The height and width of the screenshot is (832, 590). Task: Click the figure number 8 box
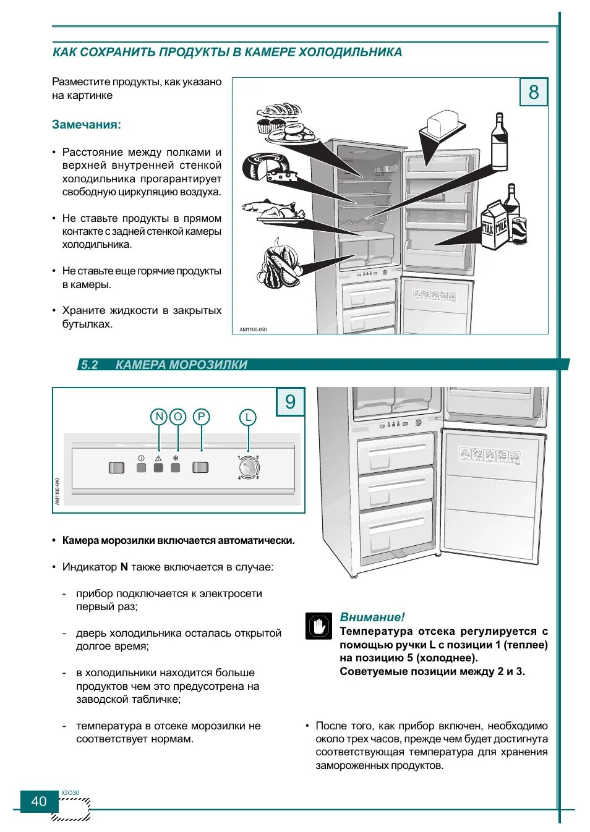click(533, 92)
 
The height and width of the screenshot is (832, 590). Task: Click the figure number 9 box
click(290, 402)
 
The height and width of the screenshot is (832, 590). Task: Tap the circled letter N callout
click(159, 417)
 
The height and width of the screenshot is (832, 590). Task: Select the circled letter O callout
click(177, 417)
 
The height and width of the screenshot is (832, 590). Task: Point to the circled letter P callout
click(201, 417)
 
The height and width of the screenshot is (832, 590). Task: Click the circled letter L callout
click(247, 417)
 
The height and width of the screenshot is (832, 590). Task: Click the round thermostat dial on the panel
click(248, 468)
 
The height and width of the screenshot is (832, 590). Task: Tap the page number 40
click(39, 801)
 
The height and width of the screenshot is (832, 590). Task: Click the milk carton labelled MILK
click(495, 226)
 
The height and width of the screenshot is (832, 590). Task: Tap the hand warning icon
click(319, 626)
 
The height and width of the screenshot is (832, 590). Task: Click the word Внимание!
click(372, 617)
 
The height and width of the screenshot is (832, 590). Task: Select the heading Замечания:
click(87, 124)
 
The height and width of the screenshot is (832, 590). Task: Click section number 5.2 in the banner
click(90, 365)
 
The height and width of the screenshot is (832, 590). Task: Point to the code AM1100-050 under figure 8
click(253, 329)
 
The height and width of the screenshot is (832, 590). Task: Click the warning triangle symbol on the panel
click(158, 459)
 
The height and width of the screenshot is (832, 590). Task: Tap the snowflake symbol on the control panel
click(176, 459)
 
